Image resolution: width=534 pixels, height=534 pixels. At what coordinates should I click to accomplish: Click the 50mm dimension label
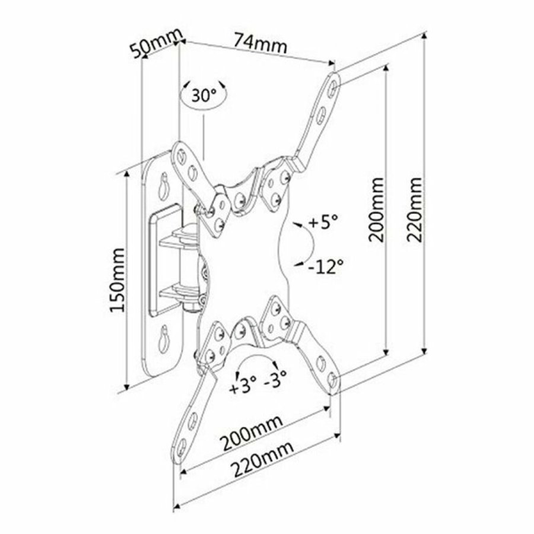(x=155, y=46)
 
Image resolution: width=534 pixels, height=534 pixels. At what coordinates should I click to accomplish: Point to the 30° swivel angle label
(x=204, y=95)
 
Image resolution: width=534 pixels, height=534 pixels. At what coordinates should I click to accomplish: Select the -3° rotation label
(x=276, y=379)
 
